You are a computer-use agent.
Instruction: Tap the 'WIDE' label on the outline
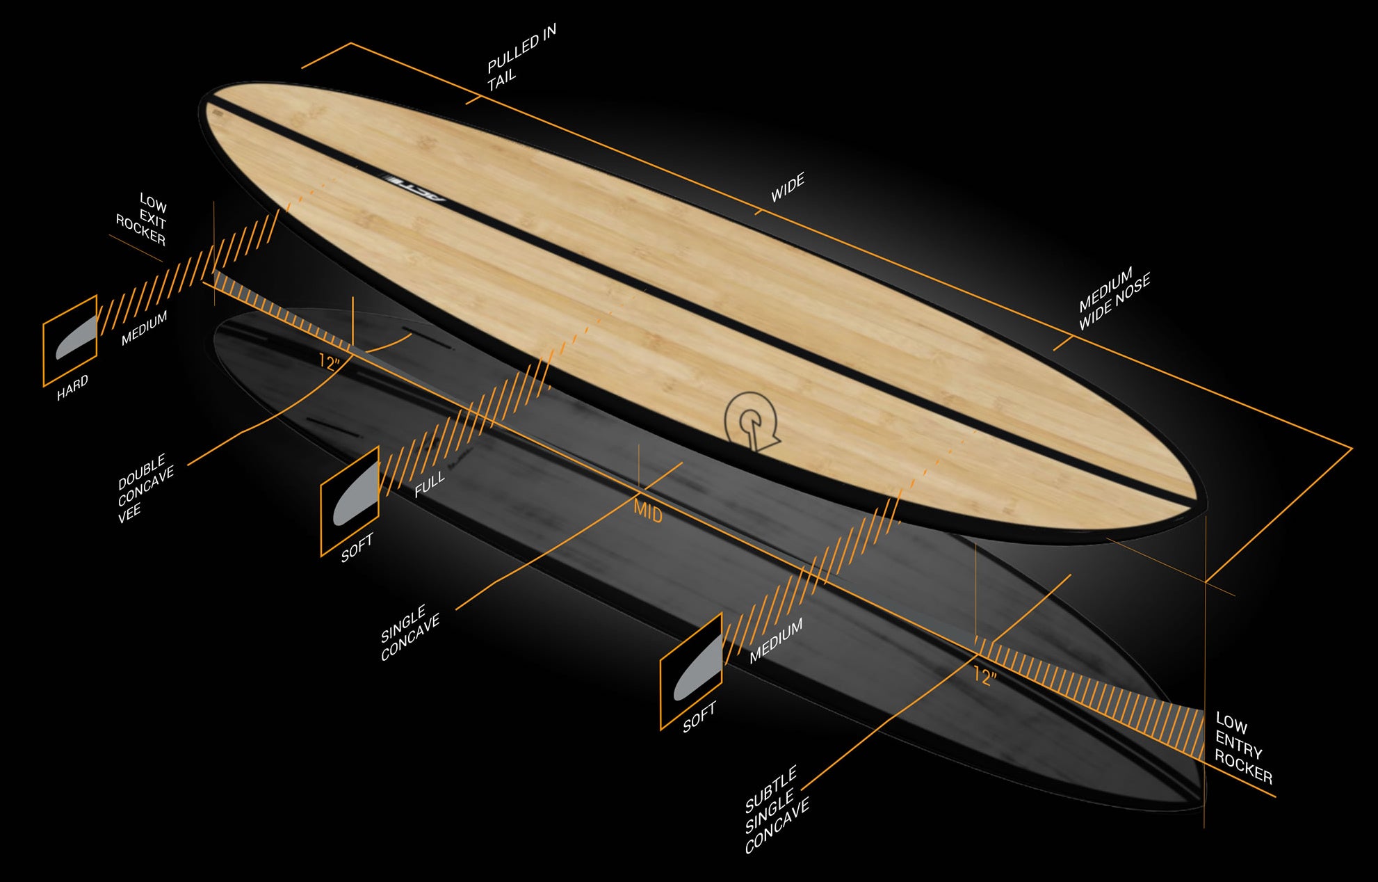787,188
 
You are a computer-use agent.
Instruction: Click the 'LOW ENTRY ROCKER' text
1243,748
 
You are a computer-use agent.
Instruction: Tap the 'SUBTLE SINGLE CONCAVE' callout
776,811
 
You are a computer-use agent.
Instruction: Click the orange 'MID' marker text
647,513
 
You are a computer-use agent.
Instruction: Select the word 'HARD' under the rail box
73,387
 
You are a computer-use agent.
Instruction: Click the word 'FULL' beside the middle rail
429,484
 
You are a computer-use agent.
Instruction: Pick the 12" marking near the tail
330,362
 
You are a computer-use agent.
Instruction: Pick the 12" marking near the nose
984,675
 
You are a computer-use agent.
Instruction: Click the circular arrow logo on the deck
750,421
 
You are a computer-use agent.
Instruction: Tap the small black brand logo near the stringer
414,188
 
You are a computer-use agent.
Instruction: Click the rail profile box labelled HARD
70,340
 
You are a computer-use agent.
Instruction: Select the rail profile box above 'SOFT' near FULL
350,502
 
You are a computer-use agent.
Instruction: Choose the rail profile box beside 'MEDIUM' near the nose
691,671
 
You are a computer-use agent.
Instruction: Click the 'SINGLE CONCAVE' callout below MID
410,633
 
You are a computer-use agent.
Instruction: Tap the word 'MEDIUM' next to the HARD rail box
145,328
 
